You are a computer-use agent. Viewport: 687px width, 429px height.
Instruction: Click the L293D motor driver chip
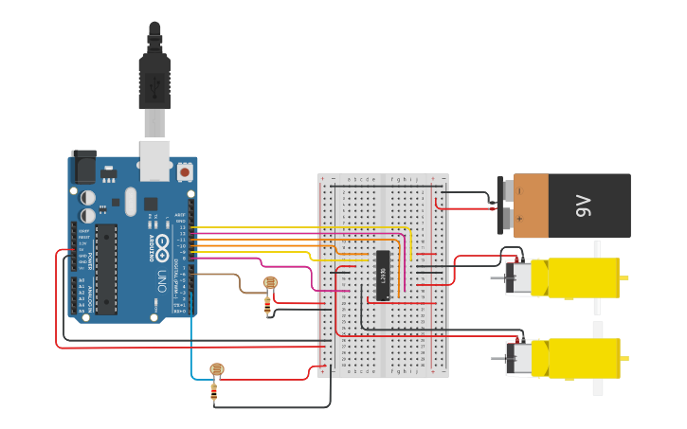point(383,276)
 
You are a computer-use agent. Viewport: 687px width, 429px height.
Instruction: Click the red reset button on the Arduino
point(183,171)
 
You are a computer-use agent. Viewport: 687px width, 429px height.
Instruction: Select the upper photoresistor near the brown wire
point(269,282)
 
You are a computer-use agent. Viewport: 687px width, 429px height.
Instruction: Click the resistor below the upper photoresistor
point(268,305)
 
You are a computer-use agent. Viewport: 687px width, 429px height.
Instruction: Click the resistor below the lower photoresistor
point(215,391)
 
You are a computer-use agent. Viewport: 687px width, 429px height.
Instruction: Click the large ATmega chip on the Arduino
point(105,269)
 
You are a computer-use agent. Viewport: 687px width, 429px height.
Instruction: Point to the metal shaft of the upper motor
point(497,278)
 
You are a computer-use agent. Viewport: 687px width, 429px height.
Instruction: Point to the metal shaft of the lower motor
point(497,358)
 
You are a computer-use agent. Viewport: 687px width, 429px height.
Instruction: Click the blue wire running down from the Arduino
point(192,341)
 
